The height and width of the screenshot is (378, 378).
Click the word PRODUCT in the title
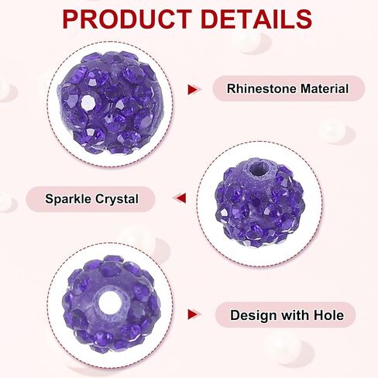coord(127,19)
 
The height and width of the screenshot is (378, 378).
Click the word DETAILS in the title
coord(256,19)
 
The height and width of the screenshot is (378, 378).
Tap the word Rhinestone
coord(262,88)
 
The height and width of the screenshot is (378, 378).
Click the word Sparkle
coord(68,199)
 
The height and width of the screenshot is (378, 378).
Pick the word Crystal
coord(117,199)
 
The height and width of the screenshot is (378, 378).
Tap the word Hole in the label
coord(328,315)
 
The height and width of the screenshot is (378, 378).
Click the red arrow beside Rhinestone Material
coord(193,89)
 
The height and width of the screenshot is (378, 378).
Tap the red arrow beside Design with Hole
coord(193,314)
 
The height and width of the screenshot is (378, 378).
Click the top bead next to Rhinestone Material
coord(111,102)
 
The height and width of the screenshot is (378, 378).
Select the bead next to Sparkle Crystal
coord(259,203)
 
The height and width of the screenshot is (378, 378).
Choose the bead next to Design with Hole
coord(111,304)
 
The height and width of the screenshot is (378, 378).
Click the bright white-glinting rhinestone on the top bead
coord(88,102)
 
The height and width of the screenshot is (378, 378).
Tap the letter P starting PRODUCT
coord(70,19)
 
